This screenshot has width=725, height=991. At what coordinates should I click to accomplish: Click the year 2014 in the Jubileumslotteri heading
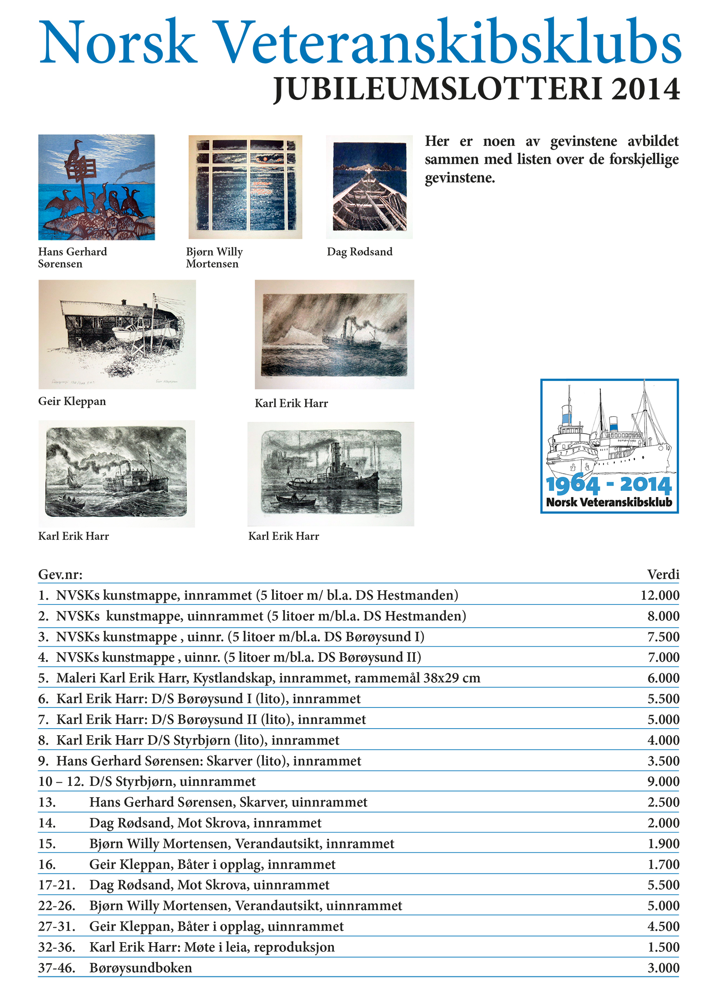[x=645, y=89]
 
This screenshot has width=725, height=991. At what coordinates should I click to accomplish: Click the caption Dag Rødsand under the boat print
[x=359, y=252]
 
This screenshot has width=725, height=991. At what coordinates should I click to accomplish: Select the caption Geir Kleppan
[x=72, y=402]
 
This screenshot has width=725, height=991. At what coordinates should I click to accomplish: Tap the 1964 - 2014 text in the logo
[x=609, y=485]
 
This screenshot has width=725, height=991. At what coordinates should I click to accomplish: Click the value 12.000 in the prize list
[x=659, y=595]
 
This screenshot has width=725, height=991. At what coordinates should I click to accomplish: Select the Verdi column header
[x=663, y=575]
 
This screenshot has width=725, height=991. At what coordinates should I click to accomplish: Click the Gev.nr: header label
[x=60, y=575]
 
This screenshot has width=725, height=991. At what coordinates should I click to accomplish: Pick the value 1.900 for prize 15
[x=663, y=844]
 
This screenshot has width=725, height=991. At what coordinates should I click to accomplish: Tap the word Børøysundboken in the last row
[x=141, y=968]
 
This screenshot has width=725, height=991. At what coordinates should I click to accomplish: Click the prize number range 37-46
[x=57, y=968]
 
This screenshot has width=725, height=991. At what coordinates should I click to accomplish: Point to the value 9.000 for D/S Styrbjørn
[x=663, y=781]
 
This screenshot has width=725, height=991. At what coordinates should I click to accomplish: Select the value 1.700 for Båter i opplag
[x=663, y=865]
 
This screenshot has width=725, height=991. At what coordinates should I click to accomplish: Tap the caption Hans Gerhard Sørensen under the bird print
[x=72, y=258]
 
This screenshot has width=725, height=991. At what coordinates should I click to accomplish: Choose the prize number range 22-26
[x=57, y=906]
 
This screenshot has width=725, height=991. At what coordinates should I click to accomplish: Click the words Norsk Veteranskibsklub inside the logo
[x=609, y=502]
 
